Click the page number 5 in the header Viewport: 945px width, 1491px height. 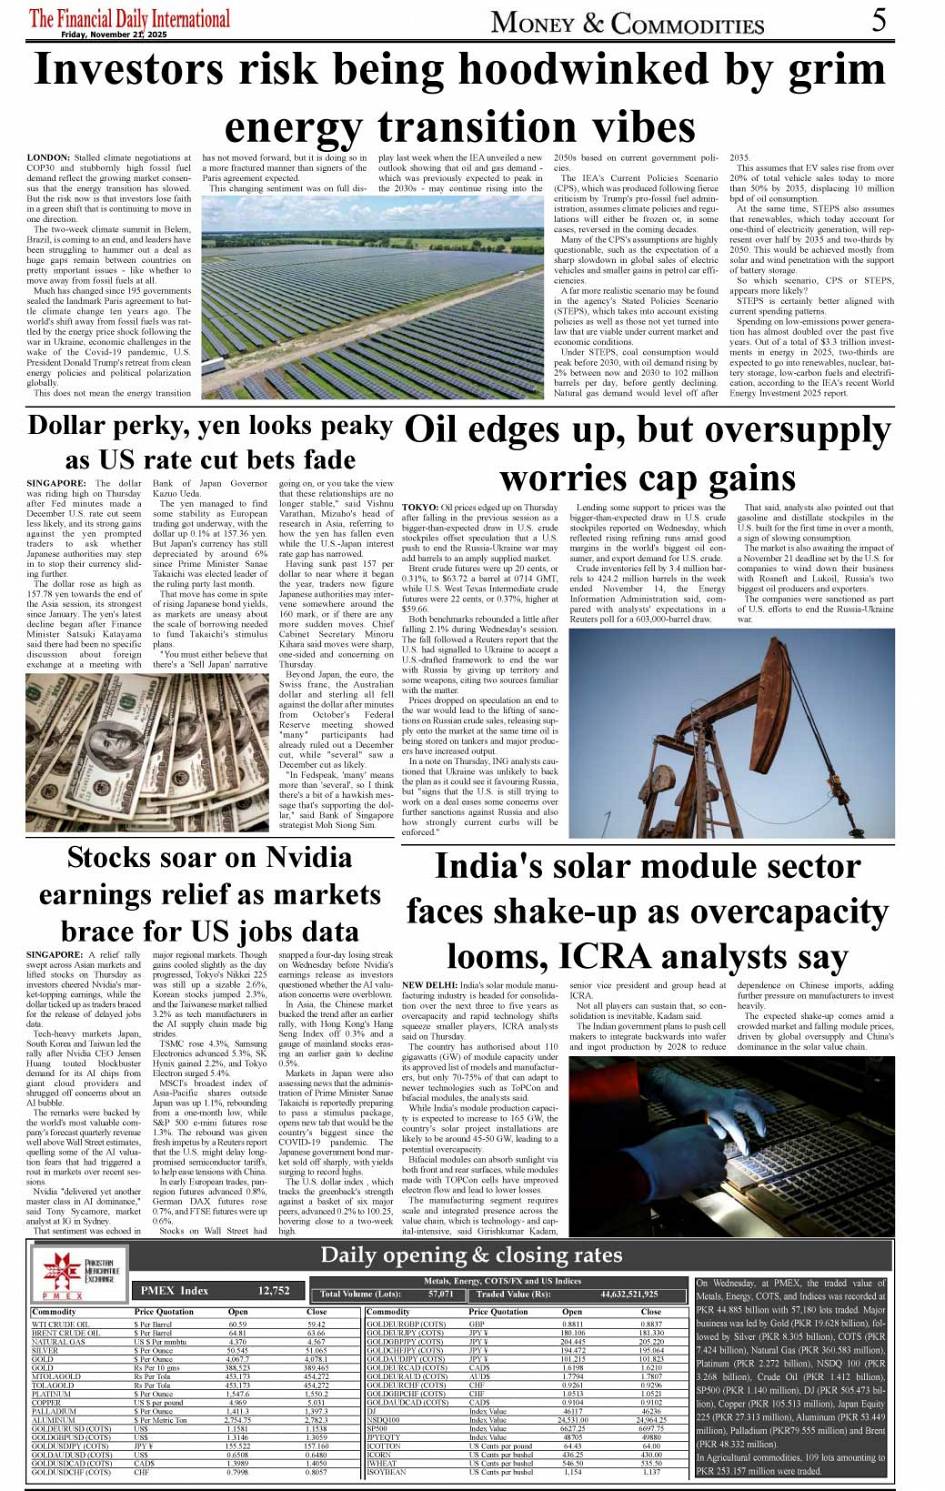click(879, 20)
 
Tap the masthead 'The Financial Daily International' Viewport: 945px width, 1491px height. click(129, 18)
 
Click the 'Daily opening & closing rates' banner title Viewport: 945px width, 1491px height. click(471, 1255)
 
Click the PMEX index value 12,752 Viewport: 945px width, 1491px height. click(274, 1290)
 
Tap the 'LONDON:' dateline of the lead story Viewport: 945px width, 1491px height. click(48, 158)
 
